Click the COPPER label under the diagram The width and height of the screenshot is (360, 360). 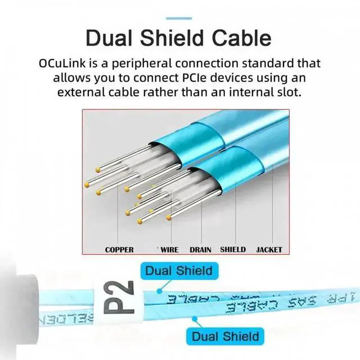(x=119, y=249)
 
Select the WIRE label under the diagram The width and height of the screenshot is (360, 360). (x=168, y=249)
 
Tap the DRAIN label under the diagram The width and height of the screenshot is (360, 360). (x=200, y=249)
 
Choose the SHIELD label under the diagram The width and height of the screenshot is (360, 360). (x=232, y=249)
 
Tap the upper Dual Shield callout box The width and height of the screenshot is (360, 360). (x=179, y=271)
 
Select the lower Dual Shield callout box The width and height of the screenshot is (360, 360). (x=225, y=336)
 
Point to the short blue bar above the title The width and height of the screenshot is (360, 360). (x=179, y=19)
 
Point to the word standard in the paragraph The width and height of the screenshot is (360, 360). (x=271, y=63)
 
